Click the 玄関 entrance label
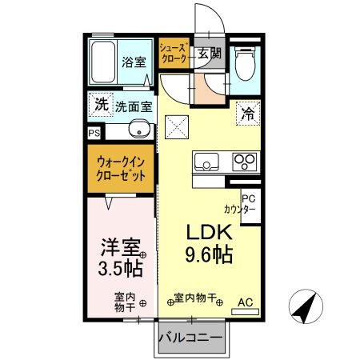click(x=209, y=54)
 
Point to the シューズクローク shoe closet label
click(x=174, y=54)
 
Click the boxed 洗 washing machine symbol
click(x=100, y=104)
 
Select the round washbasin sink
click(x=139, y=130)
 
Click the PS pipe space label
click(x=94, y=134)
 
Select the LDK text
click(x=209, y=232)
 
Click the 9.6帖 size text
click(x=210, y=256)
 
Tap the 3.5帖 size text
click(x=121, y=266)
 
